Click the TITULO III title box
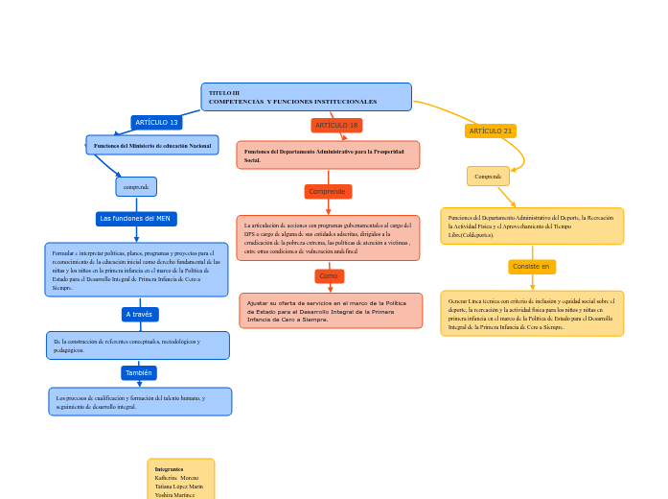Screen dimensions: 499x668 pyautogui.click(x=306, y=97)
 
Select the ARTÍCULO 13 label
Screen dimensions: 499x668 pyautogui.click(x=156, y=123)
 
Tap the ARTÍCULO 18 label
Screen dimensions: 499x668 pyautogui.click(x=336, y=126)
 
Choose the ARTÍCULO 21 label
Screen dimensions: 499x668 pyautogui.click(x=491, y=131)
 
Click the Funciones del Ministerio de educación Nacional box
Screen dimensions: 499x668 pyautogui.click(x=152, y=145)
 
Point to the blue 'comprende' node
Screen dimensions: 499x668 pyautogui.click(x=136, y=186)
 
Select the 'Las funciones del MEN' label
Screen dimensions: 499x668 pyautogui.click(x=136, y=219)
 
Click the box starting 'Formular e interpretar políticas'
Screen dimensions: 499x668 pyautogui.click(x=136, y=270)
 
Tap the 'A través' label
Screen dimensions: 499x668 pyautogui.click(x=139, y=315)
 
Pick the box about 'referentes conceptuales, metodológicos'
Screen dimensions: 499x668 pyautogui.click(x=138, y=345)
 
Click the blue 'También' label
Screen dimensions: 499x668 pyautogui.click(x=139, y=372)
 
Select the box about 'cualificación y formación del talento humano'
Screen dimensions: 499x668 pyautogui.click(x=140, y=401)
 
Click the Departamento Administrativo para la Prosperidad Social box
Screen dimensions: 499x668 pyautogui.click(x=328, y=155)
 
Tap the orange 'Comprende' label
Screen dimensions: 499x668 pyautogui.click(x=328, y=192)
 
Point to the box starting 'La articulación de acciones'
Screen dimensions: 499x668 pyautogui.click(x=328, y=238)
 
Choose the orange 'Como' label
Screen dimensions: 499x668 pyautogui.click(x=329, y=276)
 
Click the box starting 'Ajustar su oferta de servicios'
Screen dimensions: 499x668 pyautogui.click(x=331, y=311)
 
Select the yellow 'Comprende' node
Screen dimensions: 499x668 pyautogui.click(x=488, y=177)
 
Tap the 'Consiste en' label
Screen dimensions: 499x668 pyautogui.click(x=532, y=267)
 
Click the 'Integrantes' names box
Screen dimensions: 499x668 pyautogui.click(x=180, y=480)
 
